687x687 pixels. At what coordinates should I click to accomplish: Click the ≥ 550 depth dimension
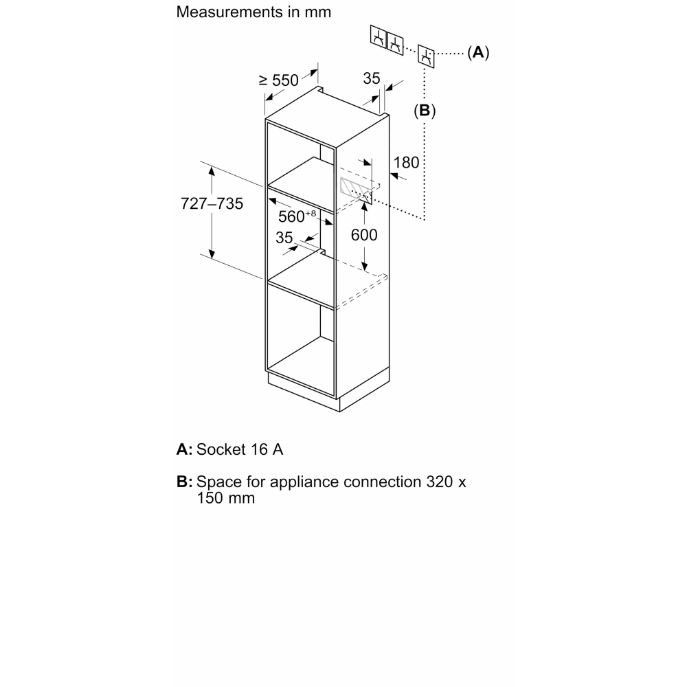[279, 80]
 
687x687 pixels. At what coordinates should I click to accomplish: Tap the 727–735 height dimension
[212, 204]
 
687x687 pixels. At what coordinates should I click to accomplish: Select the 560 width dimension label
[297, 216]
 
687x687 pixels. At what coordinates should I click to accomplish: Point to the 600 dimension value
[364, 235]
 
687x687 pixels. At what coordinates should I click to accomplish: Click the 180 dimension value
[406, 163]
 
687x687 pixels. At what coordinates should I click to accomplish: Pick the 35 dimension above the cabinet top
[372, 78]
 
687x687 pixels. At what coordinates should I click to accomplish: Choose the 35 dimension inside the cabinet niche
[284, 238]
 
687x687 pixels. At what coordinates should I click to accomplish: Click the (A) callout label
[478, 53]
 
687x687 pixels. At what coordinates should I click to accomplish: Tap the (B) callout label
[425, 111]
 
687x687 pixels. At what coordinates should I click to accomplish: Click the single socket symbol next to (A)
[426, 56]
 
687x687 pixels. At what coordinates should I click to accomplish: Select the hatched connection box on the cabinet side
[356, 190]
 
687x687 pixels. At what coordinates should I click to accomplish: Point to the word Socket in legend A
[221, 449]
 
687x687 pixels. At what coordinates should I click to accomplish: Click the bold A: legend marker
[184, 449]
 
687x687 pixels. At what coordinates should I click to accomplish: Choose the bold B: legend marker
[184, 482]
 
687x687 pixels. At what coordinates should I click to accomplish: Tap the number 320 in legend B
[440, 482]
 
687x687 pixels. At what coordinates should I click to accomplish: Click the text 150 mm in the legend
[225, 498]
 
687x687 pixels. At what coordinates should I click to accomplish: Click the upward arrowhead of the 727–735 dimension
[212, 170]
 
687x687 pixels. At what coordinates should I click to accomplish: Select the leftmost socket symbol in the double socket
[379, 37]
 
